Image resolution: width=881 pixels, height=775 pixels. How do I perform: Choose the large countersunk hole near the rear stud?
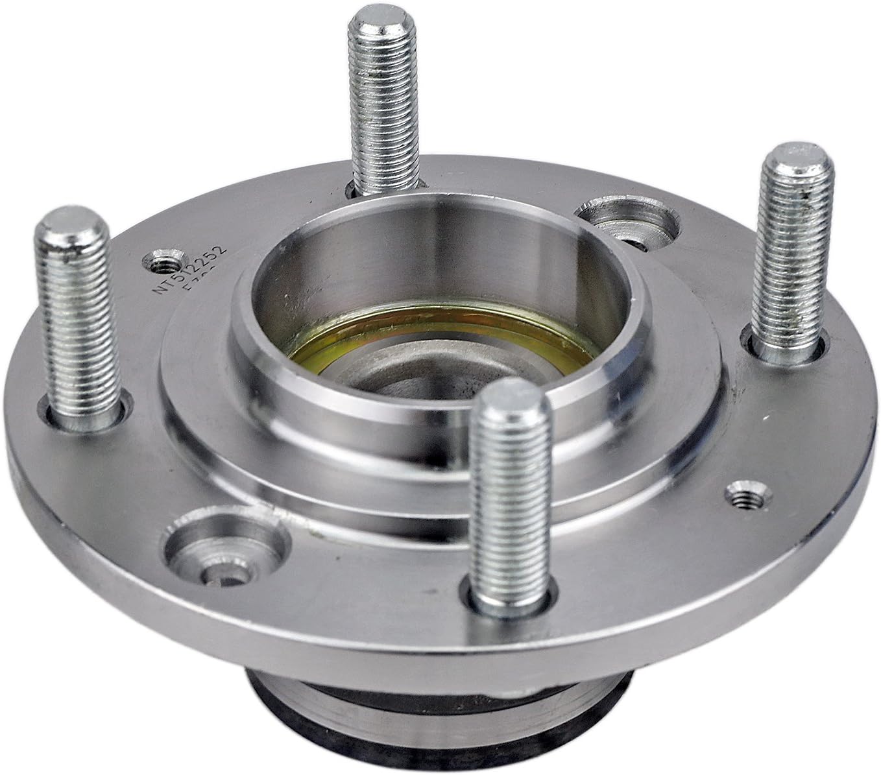point(626,224)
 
